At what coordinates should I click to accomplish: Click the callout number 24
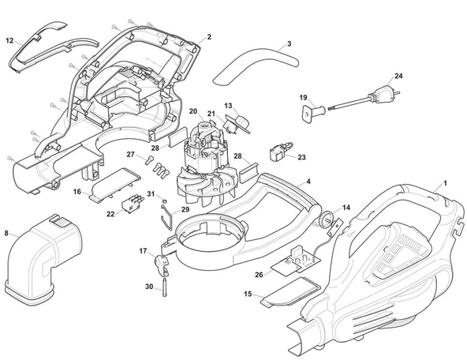(x=398, y=76)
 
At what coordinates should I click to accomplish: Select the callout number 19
(x=303, y=97)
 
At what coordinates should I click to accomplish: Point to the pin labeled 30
(x=164, y=287)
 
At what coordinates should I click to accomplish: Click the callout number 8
(x=6, y=233)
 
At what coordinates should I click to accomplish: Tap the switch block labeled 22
(x=131, y=203)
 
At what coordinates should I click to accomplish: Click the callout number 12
(x=9, y=40)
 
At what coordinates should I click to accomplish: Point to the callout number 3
(x=289, y=43)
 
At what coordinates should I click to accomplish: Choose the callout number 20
(x=193, y=111)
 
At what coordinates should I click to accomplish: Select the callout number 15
(x=248, y=294)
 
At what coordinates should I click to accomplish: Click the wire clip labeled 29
(x=166, y=217)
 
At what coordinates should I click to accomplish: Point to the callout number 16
(x=77, y=192)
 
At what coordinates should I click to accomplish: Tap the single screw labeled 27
(x=149, y=160)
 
